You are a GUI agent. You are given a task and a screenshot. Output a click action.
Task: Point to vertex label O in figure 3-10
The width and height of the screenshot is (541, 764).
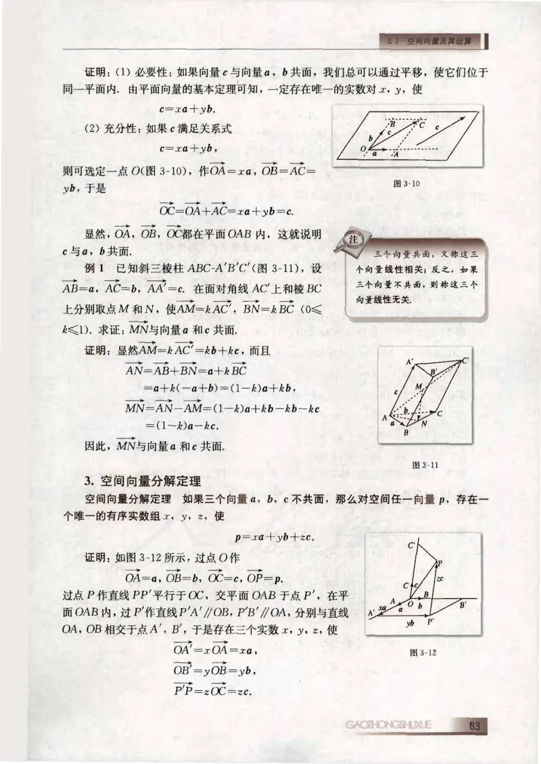[363, 148]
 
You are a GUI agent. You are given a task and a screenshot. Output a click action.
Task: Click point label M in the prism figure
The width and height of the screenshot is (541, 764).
[419, 386]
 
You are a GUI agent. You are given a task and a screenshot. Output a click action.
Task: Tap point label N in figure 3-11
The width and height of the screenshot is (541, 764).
[423, 424]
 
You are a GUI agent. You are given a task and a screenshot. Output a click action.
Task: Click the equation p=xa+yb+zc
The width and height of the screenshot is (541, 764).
[274, 538]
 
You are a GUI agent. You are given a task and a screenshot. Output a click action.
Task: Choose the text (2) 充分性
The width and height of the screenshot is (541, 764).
[110, 129]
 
